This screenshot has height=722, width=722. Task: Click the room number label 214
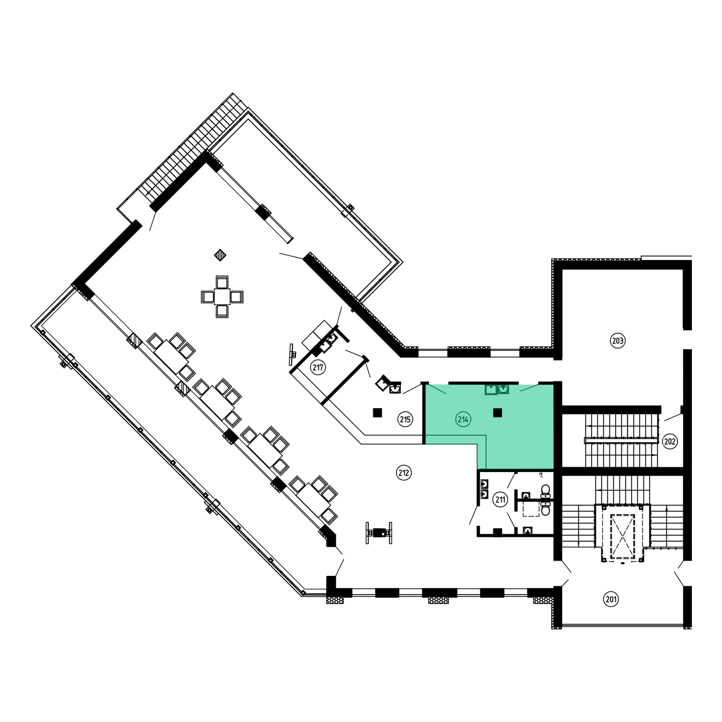pyautogui.click(x=463, y=419)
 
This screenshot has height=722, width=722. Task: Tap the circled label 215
pyautogui.click(x=405, y=419)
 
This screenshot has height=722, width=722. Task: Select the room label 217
pyautogui.click(x=318, y=367)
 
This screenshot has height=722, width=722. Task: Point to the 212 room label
pyautogui.click(x=403, y=473)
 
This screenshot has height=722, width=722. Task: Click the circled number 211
pyautogui.click(x=500, y=499)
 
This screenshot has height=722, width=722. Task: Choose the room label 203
pyautogui.click(x=617, y=341)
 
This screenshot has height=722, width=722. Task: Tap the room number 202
pyautogui.click(x=670, y=441)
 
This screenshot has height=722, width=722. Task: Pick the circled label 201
pyautogui.click(x=611, y=599)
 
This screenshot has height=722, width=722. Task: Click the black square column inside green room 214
pyautogui.click(x=497, y=412)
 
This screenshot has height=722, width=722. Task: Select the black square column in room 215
pyautogui.click(x=377, y=412)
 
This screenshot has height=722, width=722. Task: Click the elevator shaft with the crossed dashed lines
pyautogui.click(x=622, y=537)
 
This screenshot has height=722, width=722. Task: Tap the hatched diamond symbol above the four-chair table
pyautogui.click(x=220, y=255)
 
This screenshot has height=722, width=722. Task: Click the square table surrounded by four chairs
pyautogui.click(x=222, y=297)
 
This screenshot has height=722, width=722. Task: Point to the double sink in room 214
pyautogui.click(x=497, y=389)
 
